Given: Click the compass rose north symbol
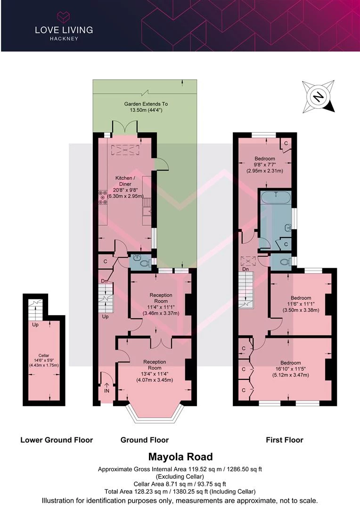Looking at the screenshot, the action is pos(318,97).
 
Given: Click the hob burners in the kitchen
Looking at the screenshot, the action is pos(103,197).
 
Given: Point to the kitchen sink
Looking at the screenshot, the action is pos(147,206).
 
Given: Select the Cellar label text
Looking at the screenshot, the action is pos(44,355).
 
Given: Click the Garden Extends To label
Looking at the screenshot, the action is pos(146,104).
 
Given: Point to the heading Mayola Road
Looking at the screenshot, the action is pos(180,457).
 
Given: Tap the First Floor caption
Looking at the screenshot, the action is pos(284,440).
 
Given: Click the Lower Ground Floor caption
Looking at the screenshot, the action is pos(57,440).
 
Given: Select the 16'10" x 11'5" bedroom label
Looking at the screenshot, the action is pos(291,369).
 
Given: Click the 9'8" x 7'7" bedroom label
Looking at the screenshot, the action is pos(264,164).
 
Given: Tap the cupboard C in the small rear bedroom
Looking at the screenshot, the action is pos(286,143).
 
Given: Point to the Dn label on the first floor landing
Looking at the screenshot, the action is pos(245,269).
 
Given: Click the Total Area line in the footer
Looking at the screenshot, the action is pos(180,492).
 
